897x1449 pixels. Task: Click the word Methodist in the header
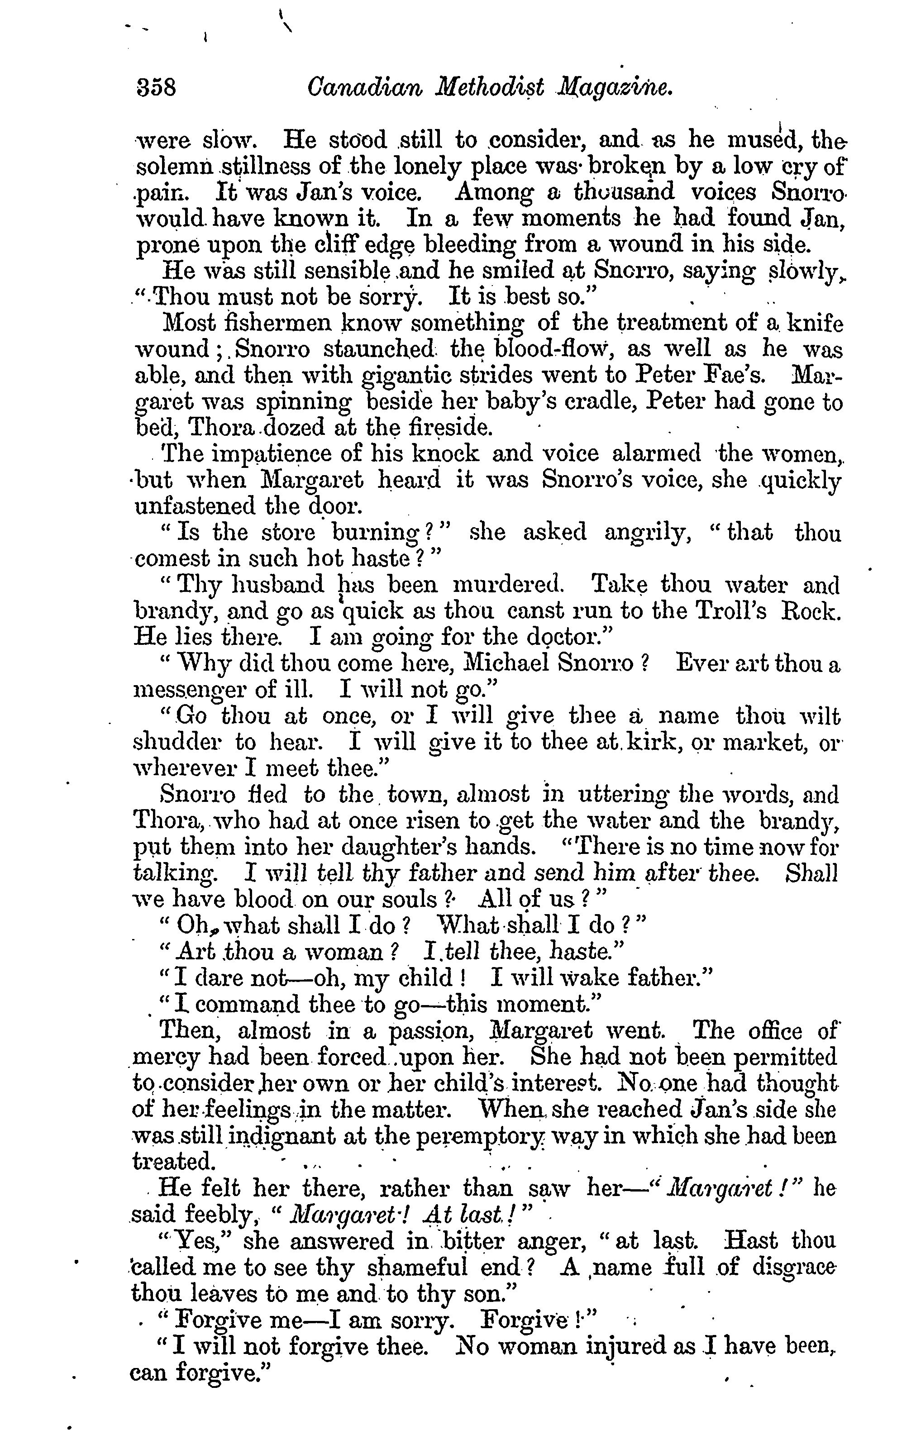pyautogui.click(x=489, y=88)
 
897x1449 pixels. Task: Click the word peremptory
pyautogui.click(x=487, y=1135)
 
